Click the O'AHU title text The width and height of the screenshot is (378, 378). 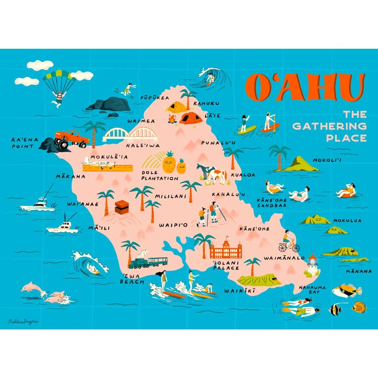pyautogui.click(x=304, y=88)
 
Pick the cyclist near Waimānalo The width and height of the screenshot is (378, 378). pyautogui.click(x=288, y=243)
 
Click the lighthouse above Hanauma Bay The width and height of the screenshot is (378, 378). pyautogui.click(x=314, y=266)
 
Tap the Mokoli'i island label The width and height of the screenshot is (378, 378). pyautogui.click(x=327, y=161)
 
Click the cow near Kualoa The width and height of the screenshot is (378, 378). pyautogui.click(x=213, y=174)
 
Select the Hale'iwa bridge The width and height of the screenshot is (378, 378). pyautogui.click(x=126, y=135)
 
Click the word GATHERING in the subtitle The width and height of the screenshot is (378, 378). pyautogui.click(x=329, y=126)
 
